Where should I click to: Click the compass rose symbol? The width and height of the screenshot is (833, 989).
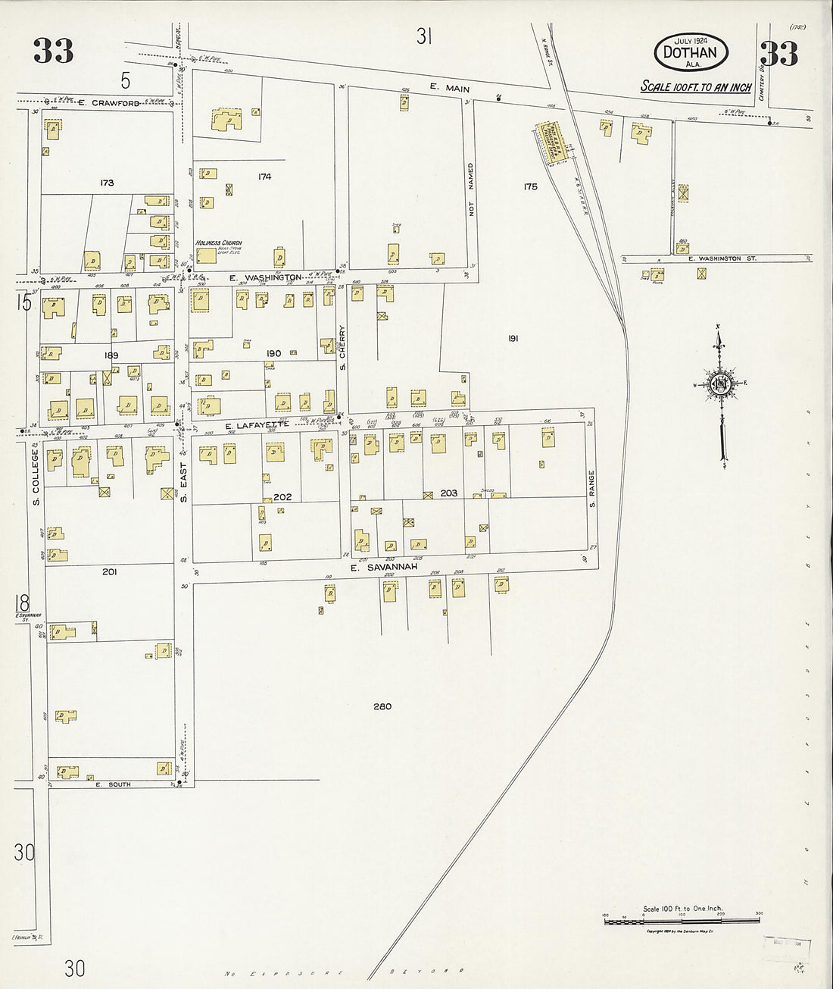(x=720, y=384)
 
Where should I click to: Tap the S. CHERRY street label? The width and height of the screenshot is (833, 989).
(x=342, y=352)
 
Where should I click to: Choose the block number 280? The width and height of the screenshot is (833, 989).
(x=382, y=706)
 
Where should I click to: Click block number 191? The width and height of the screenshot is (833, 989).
(x=513, y=339)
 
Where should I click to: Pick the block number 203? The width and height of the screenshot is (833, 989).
(x=449, y=493)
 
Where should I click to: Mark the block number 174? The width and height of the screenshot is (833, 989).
(x=264, y=177)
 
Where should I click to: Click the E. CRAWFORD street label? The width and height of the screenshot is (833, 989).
(x=107, y=103)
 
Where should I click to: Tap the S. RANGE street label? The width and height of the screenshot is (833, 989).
(x=592, y=490)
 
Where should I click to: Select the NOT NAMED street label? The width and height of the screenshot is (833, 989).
(x=470, y=189)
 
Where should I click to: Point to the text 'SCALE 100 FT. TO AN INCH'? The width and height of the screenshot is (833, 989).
(x=695, y=87)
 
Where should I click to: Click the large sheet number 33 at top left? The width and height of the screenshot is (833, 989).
(x=53, y=52)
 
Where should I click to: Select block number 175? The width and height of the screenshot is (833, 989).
(x=529, y=186)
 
